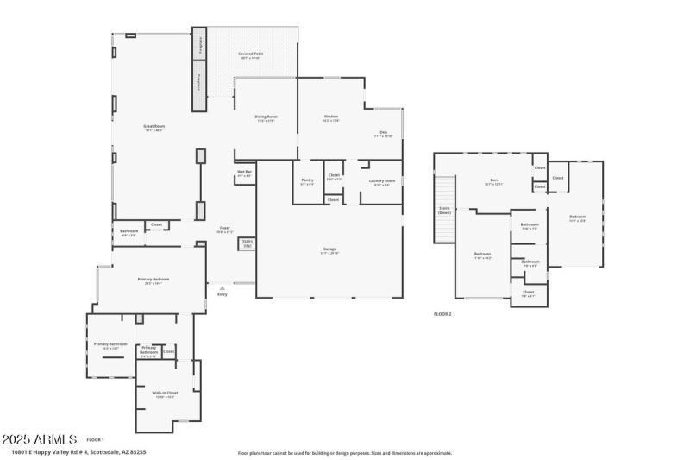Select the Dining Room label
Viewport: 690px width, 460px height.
(266, 117)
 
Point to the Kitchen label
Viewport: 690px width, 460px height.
(330, 117)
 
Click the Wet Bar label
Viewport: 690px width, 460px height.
(244, 173)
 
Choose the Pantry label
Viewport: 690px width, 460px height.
(307, 181)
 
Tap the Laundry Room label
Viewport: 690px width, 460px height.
(381, 182)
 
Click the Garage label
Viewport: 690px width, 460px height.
(329, 250)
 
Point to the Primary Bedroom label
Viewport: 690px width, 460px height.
(154, 280)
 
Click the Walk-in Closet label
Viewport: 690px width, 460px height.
(165, 394)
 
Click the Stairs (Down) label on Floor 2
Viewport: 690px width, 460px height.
(445, 210)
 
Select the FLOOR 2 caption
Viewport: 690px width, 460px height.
(442, 314)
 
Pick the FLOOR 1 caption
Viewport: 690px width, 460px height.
(95, 439)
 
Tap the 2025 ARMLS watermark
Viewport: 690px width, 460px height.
(40, 438)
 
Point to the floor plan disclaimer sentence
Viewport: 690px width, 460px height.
(344, 452)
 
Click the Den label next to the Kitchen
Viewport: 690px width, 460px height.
(383, 133)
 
